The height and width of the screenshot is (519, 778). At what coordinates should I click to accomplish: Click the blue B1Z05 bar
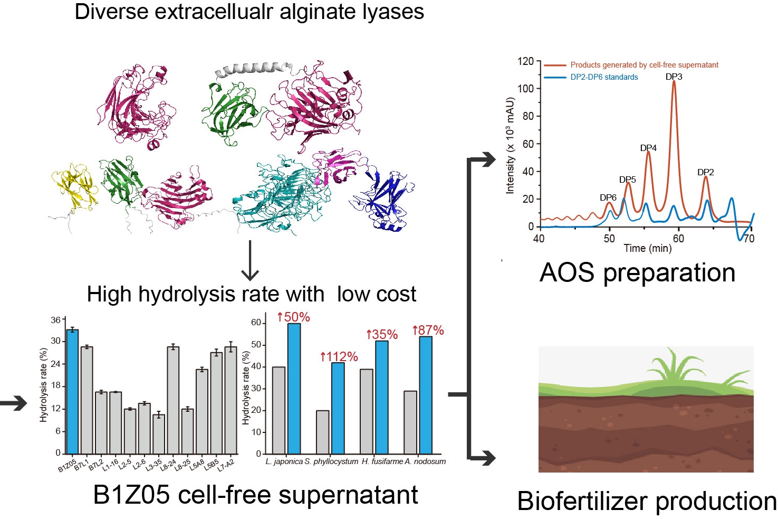click(x=72, y=391)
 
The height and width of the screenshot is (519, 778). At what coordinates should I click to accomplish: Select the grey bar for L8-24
click(x=173, y=400)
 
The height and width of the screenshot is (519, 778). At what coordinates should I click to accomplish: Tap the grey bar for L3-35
click(x=159, y=434)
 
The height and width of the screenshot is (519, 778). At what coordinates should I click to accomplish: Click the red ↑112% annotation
click(x=339, y=357)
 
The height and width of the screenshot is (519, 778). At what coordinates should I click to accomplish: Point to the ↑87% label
click(x=428, y=330)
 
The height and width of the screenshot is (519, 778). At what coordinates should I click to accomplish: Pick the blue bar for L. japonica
click(x=294, y=389)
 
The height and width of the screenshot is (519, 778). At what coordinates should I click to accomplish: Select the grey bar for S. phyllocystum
click(x=322, y=432)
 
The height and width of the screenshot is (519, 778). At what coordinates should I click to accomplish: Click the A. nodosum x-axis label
click(x=425, y=461)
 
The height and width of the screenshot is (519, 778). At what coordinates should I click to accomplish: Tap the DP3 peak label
click(x=674, y=77)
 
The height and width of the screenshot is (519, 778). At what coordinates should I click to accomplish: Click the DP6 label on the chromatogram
click(x=608, y=197)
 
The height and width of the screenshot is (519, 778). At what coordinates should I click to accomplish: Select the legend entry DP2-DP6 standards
click(x=604, y=77)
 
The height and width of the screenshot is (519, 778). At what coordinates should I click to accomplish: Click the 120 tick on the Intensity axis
click(x=525, y=61)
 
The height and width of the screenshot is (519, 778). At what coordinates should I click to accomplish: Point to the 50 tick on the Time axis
click(x=609, y=239)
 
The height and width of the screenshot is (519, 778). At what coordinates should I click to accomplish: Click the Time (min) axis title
click(x=647, y=248)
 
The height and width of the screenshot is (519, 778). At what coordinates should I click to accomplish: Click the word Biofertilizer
click(x=583, y=501)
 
